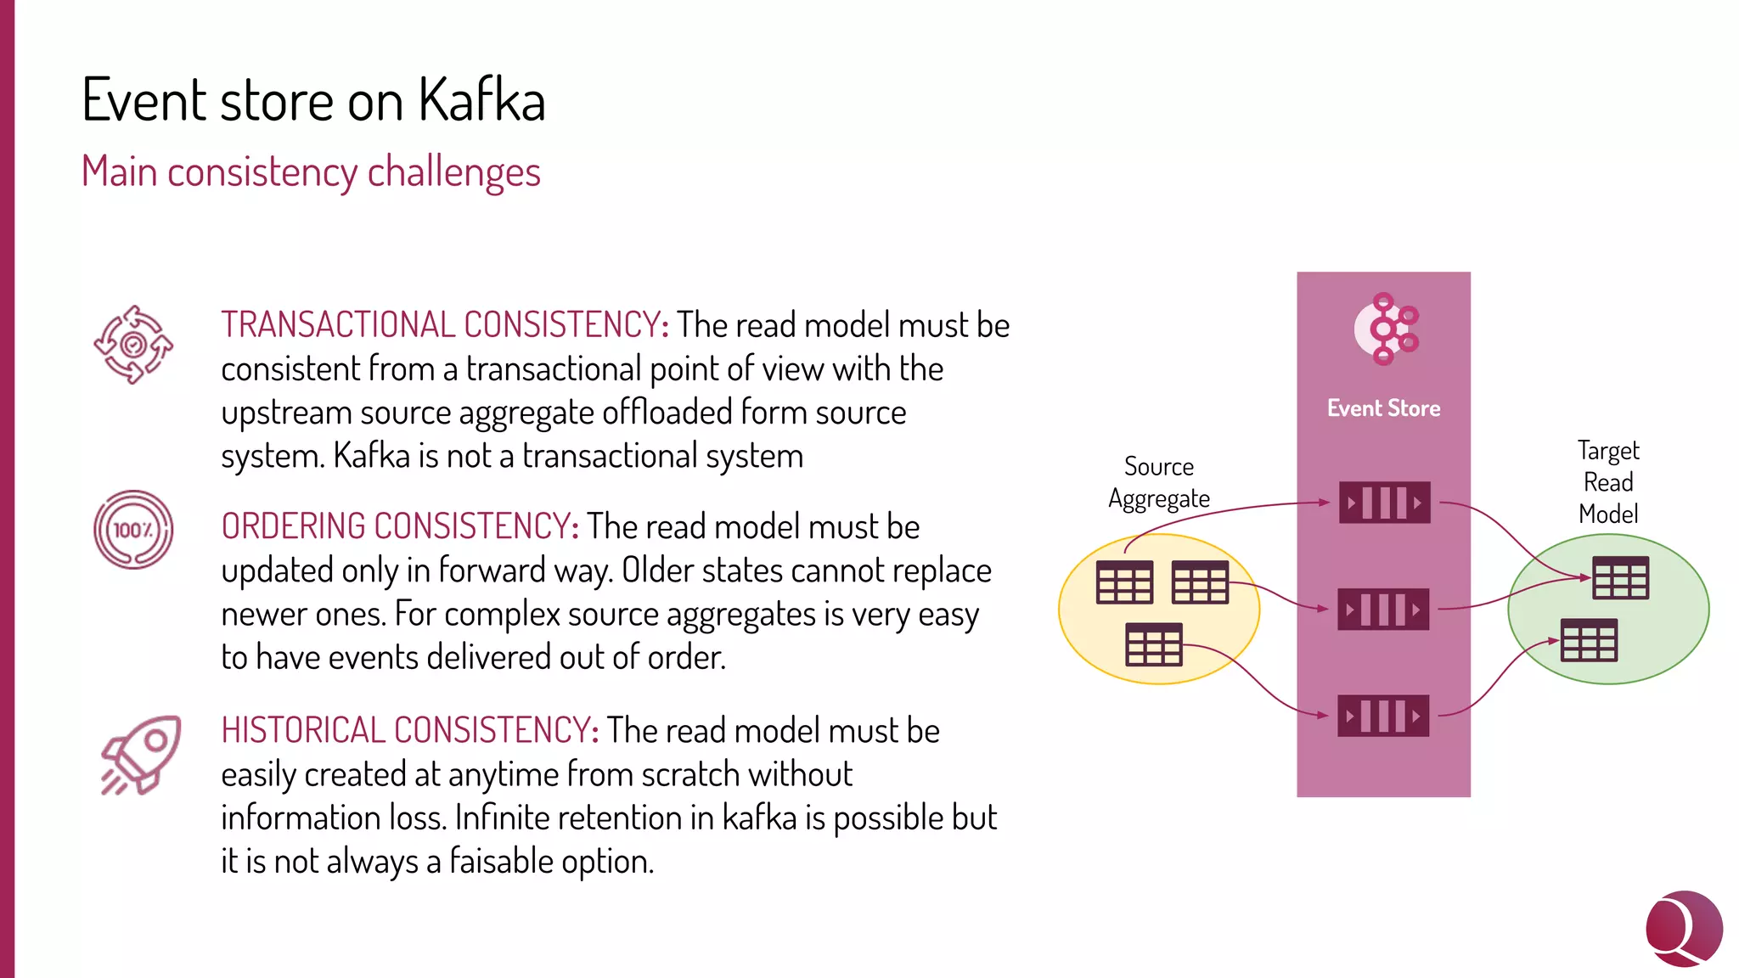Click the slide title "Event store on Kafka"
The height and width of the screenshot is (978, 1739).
[x=313, y=100]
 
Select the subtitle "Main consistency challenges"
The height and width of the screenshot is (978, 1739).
[x=311, y=171]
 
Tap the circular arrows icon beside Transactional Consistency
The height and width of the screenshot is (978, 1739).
[x=133, y=345]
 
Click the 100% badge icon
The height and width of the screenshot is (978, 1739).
[x=133, y=530]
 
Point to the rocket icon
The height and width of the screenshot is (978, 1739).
[x=142, y=754]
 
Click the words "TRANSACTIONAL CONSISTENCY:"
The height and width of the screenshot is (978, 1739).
[x=444, y=325]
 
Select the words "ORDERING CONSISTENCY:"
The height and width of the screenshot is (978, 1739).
[x=400, y=526]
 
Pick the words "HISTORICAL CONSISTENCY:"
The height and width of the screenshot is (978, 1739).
[x=410, y=730]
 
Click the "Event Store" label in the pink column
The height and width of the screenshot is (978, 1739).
[x=1383, y=408]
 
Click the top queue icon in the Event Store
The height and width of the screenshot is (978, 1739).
[x=1384, y=503]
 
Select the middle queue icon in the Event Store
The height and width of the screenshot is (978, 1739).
[x=1383, y=610]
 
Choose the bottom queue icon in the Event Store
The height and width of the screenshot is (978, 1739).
[x=1383, y=716]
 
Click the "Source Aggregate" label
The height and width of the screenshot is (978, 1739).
[x=1158, y=482]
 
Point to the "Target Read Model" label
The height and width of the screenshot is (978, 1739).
[x=1608, y=481]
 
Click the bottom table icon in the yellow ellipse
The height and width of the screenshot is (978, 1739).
[x=1153, y=644]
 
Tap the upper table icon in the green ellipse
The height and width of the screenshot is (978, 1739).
[x=1620, y=578]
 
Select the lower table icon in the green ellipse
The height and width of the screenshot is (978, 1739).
[x=1589, y=640]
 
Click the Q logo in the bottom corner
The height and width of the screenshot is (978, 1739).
[x=1683, y=928]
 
